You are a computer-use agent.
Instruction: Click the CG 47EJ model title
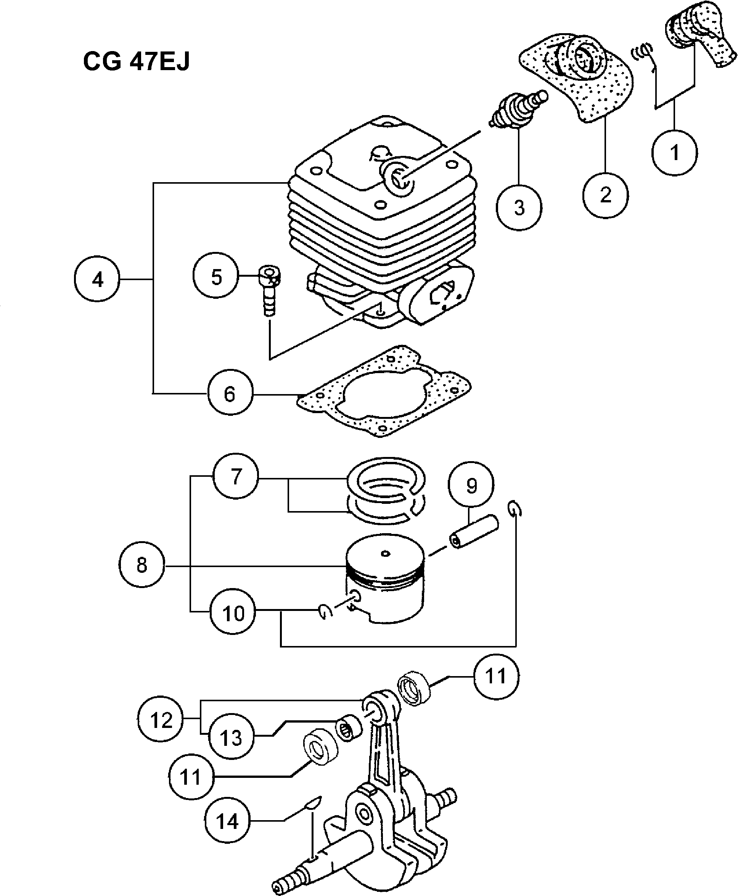tap(136, 62)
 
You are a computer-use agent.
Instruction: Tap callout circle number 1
tap(674, 152)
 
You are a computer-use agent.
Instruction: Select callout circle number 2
tap(605, 196)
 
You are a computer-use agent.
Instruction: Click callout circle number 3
tap(519, 208)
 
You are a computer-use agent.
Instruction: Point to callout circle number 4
tap(97, 279)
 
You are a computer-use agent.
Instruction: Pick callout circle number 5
tap(216, 277)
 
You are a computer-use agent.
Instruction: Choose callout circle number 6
tap(230, 393)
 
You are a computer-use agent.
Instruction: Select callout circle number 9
tap(471, 485)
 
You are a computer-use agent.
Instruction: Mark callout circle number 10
tap(233, 612)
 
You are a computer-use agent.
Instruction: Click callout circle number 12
tap(161, 720)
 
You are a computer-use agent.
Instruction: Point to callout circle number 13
tap(231, 737)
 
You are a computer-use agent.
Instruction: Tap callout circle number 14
tap(227, 821)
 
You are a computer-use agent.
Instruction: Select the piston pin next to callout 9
tap(474, 531)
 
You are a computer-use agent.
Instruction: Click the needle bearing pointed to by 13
tap(349, 729)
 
